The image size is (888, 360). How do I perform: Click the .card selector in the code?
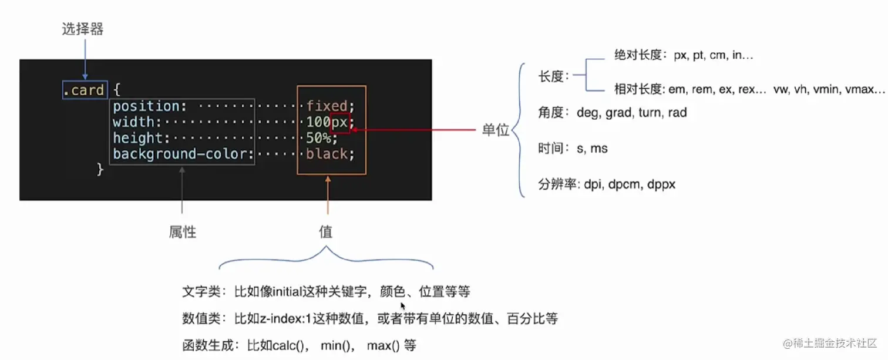85,90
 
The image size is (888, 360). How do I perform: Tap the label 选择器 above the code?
83,29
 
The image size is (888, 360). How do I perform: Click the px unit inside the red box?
340,122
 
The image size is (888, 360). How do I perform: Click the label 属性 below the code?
182,233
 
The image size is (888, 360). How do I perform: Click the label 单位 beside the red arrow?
495,130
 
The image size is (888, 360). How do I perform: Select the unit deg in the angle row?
587,112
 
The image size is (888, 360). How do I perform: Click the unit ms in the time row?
599,149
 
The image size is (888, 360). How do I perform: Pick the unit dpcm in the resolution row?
627,184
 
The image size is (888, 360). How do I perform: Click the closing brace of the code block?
100,170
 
